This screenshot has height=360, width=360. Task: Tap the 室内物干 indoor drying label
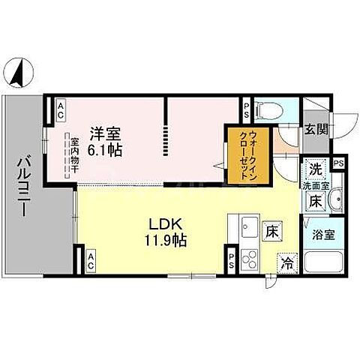click(75, 154)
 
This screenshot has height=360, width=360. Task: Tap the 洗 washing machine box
click(316, 169)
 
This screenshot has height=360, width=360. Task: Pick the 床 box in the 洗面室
click(316, 201)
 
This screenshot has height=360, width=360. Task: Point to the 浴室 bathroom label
click(322, 233)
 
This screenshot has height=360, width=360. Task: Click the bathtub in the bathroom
click(323, 264)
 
